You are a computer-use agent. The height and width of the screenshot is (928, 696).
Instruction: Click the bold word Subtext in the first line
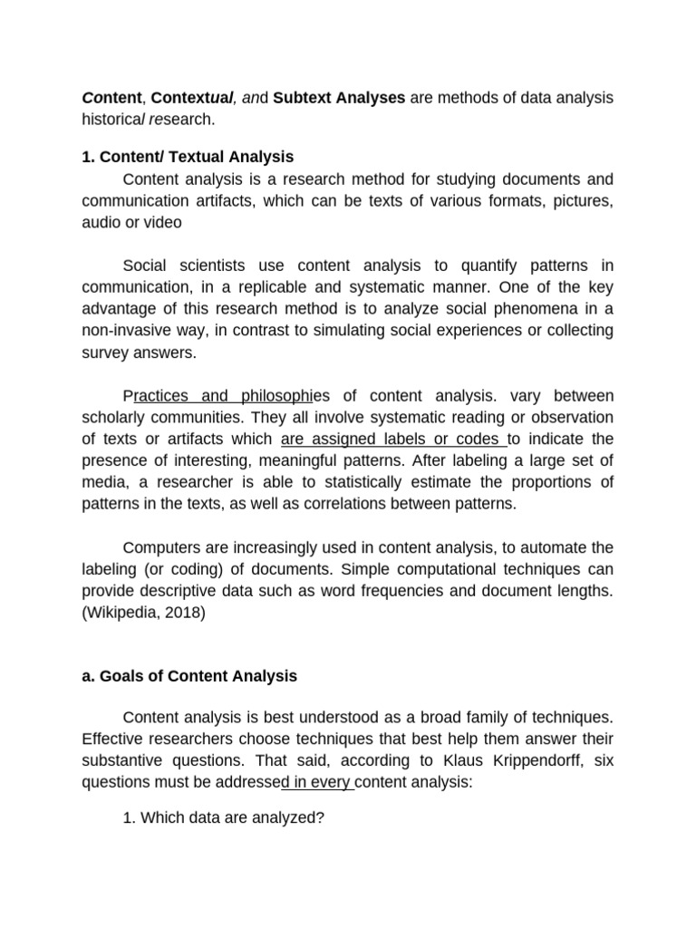point(303,97)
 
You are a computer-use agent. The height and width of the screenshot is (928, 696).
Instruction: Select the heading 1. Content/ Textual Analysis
point(188,157)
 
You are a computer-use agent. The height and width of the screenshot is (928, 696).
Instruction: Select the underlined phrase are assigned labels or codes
point(392,440)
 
